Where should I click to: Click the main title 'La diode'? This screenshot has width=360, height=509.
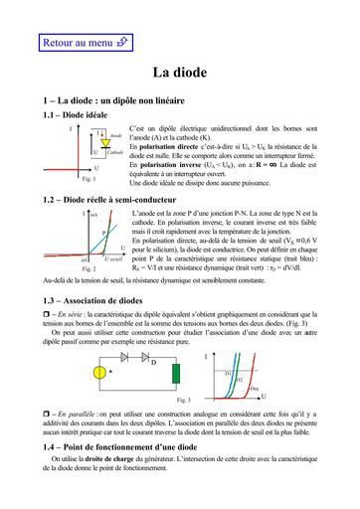pyautogui.click(x=179, y=74)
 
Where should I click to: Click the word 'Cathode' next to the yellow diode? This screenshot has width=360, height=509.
pyautogui.click(x=116, y=153)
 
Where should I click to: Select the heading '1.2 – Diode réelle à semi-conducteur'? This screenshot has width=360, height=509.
pyautogui.click(x=109, y=200)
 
